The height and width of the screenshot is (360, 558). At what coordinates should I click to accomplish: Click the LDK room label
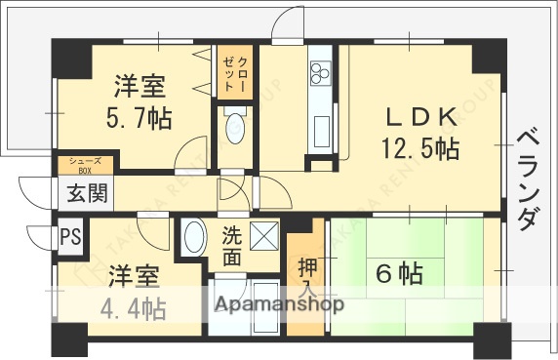[x=421, y=118]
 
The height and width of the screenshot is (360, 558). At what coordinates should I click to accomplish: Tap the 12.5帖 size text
[x=420, y=148]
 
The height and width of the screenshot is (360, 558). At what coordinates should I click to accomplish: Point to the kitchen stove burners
[x=321, y=71]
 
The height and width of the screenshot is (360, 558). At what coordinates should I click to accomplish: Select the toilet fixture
[x=233, y=128]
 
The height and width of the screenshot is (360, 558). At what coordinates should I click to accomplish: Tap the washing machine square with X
[x=263, y=236]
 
